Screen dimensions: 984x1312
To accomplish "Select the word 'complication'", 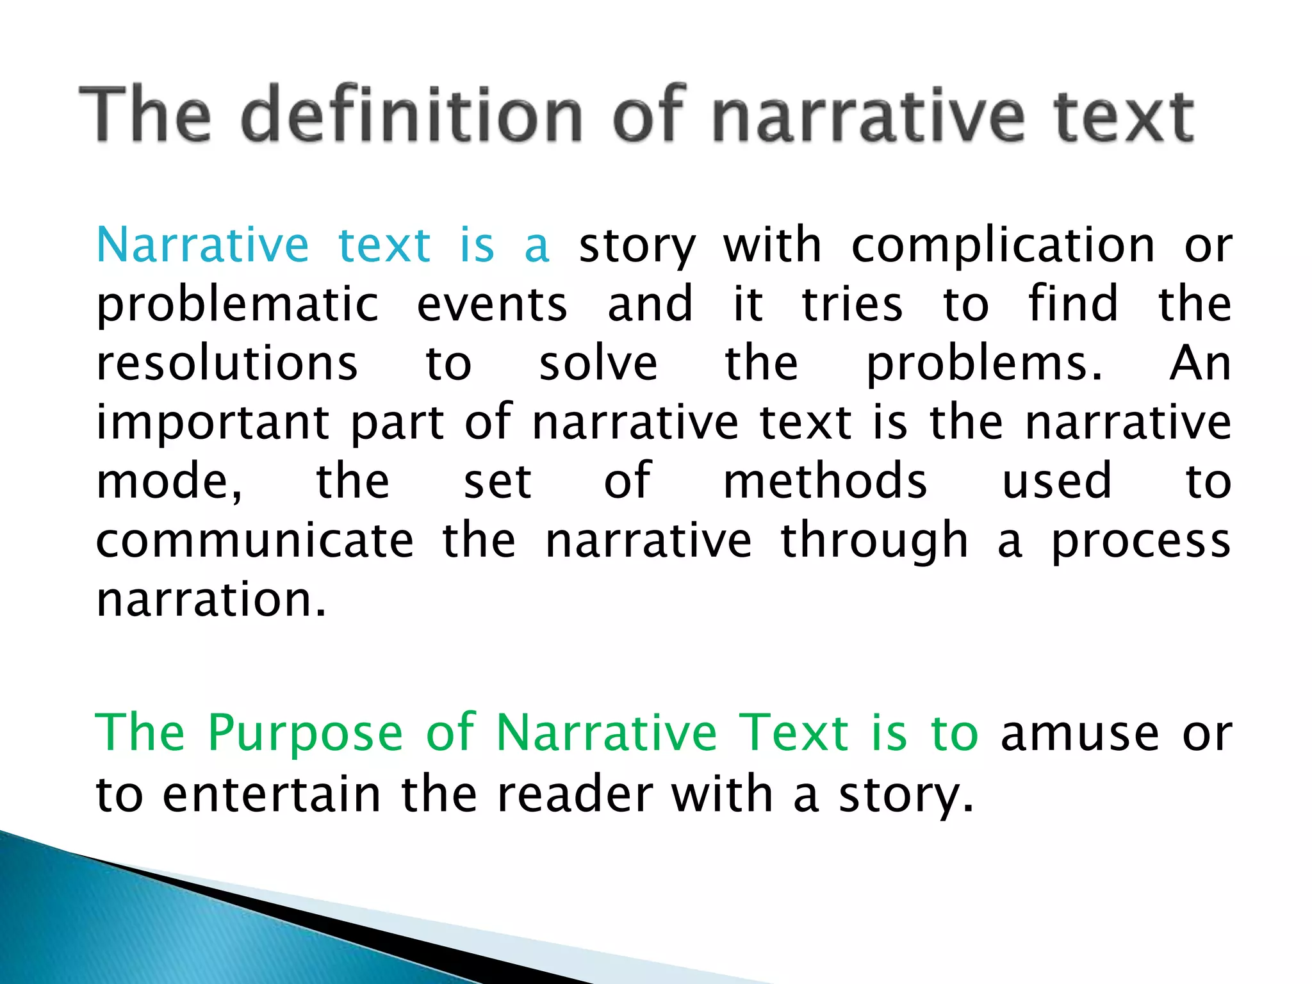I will click(1003, 246).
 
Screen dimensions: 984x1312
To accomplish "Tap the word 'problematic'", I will click(238, 305).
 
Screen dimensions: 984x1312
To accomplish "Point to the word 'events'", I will click(492, 305).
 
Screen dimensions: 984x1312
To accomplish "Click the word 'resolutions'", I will click(227, 364).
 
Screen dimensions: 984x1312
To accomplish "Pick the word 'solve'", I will click(598, 364).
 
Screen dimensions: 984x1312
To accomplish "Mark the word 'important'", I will click(213, 423).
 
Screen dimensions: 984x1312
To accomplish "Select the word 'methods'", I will click(825, 482).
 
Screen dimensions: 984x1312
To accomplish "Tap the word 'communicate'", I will click(255, 541).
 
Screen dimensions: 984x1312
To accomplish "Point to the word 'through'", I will click(874, 541).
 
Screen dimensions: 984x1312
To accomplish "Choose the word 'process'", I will click(1141, 541).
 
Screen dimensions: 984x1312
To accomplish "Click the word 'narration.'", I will click(211, 600).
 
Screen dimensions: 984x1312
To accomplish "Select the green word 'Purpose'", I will click(306, 734).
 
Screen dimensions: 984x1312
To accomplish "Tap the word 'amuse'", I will click(1080, 734).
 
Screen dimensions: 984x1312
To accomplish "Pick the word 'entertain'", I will click(272, 795).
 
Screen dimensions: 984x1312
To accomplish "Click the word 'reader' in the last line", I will click(575, 795).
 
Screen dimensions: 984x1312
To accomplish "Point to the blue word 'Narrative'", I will click(202, 246).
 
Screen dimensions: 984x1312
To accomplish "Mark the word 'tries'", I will click(852, 305).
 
